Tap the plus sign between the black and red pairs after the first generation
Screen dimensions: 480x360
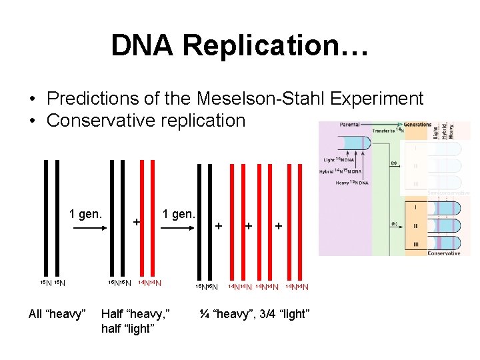pyautogui.click(x=136, y=221)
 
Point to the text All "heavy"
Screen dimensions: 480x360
pyautogui.click(x=57, y=314)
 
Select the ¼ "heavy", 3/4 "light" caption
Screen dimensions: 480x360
pyautogui.click(x=254, y=314)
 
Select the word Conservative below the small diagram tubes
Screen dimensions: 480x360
pyautogui.click(x=444, y=253)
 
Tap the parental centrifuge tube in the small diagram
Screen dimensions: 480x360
pyautogui.click(x=355, y=143)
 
